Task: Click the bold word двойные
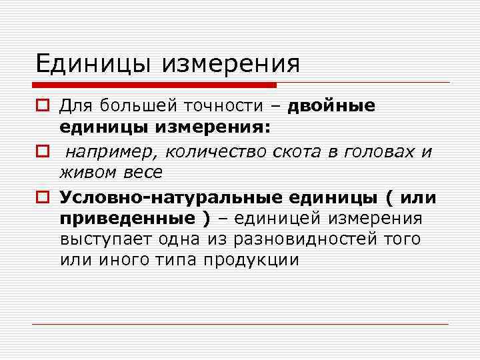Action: [x=331, y=105]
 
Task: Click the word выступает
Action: [x=105, y=239]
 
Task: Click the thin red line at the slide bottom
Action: [x=240, y=324]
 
